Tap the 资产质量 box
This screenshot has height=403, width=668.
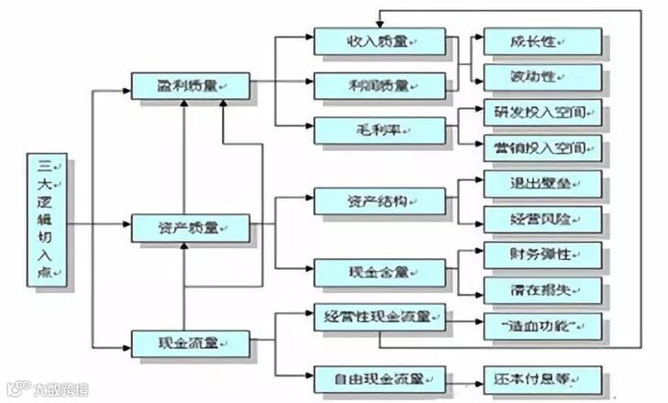coord(190,228)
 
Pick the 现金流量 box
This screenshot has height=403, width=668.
coord(190,343)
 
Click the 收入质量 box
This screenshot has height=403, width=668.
coord(379,40)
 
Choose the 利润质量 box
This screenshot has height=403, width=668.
coord(379,85)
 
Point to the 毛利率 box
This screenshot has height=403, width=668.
coord(379,129)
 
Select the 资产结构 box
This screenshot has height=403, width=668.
coord(379,200)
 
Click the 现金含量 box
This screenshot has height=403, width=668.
coord(379,271)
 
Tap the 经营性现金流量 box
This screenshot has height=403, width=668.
coord(379,318)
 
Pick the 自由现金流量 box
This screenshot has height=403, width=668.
coord(379,377)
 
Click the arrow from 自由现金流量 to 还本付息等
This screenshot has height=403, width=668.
coord(464,377)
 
